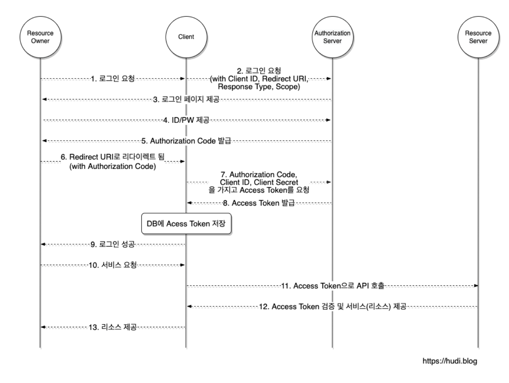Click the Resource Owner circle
click(x=40, y=37)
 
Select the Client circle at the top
click(x=186, y=37)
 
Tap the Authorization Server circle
click(x=332, y=37)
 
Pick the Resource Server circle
click(x=478, y=37)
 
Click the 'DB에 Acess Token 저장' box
click(x=186, y=224)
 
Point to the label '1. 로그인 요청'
click(x=113, y=79)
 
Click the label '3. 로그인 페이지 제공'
click(x=186, y=100)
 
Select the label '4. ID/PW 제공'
click(x=186, y=120)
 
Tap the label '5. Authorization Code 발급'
click(x=186, y=141)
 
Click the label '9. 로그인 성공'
click(x=113, y=245)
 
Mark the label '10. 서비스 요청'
click(x=113, y=265)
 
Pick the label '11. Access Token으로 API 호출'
click(x=332, y=286)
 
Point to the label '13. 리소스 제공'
click(x=113, y=327)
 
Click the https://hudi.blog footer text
click(x=449, y=361)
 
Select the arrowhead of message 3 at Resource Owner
click(x=44, y=99)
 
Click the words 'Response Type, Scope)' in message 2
click(x=259, y=87)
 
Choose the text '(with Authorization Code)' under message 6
click(x=113, y=166)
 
